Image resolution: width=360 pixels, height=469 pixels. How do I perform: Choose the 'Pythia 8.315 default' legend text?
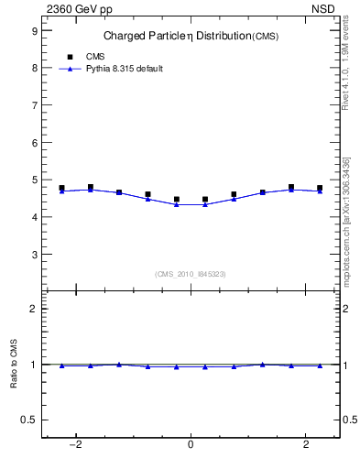124,69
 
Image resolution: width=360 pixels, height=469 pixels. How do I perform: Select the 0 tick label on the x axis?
191,445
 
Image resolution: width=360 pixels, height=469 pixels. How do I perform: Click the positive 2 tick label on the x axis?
305,445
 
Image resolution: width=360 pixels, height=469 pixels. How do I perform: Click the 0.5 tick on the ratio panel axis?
29,420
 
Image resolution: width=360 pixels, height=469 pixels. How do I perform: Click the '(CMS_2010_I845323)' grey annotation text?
191,274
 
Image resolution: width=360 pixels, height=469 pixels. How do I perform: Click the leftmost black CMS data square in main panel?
61,188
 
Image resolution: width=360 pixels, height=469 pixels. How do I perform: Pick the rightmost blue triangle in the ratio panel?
320,365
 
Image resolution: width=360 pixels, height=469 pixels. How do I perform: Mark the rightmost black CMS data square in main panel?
320,188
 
